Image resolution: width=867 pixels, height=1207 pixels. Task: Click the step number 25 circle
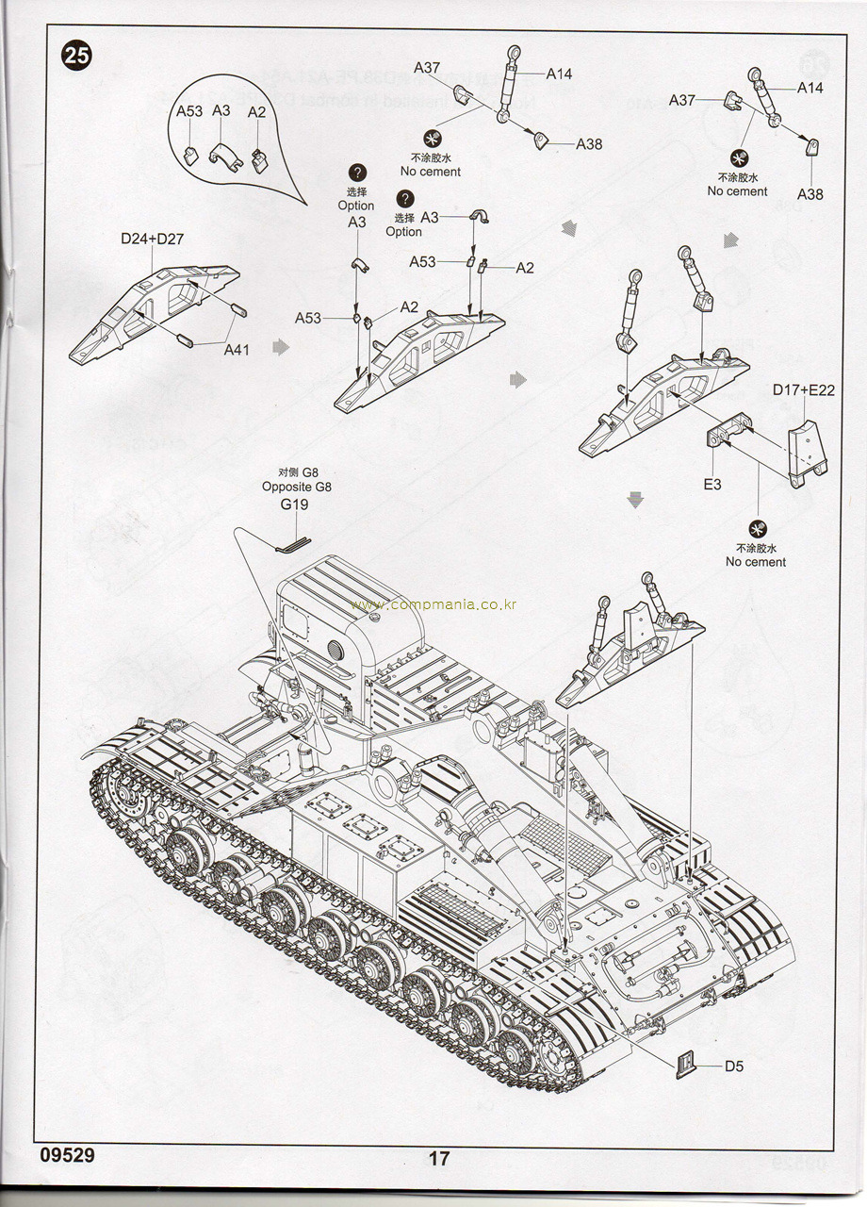click(77, 56)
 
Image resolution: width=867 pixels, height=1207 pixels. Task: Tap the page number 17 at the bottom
click(439, 1159)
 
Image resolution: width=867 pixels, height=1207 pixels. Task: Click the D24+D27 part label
click(152, 239)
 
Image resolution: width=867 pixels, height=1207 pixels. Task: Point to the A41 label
click(237, 350)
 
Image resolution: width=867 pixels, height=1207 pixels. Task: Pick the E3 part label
click(712, 484)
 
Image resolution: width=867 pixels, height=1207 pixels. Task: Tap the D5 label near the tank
click(734, 1066)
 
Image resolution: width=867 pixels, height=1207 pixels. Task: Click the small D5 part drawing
click(689, 1063)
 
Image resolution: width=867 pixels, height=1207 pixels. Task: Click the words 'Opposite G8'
click(297, 488)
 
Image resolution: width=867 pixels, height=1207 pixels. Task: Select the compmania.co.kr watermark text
click(433, 604)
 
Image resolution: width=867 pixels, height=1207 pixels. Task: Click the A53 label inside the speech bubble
click(189, 111)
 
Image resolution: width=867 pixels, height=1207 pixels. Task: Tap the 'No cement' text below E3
click(756, 562)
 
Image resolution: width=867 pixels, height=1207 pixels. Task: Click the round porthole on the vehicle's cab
click(336, 650)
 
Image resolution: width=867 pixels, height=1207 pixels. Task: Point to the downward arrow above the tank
click(635, 499)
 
